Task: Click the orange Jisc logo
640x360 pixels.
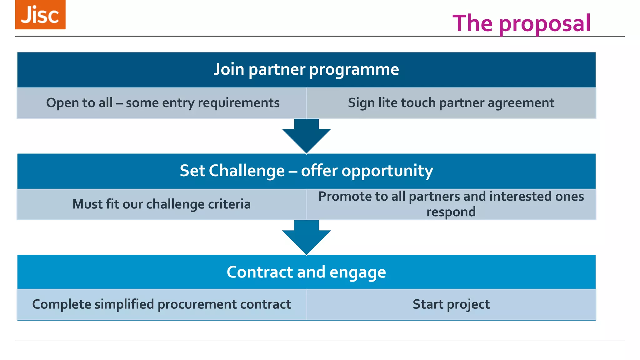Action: pos(40,15)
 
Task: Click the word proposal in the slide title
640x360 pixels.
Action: pos(544,24)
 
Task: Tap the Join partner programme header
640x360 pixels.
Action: pos(306,69)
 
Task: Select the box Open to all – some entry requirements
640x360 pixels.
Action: pos(162,103)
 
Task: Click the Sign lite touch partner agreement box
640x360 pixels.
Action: pos(451,103)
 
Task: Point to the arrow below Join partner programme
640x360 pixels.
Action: pos(306,136)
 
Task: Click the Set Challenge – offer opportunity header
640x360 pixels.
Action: pos(306,171)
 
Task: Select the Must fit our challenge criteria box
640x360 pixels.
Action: pos(162,204)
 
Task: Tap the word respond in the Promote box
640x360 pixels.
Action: pos(451,212)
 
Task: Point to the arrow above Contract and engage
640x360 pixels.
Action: pos(306,237)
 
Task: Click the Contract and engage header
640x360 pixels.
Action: pos(306,272)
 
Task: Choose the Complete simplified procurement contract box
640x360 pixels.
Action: pos(162,304)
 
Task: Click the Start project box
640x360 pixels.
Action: pos(451,304)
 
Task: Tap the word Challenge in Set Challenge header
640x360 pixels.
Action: pos(247,171)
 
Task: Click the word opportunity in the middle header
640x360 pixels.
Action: pos(387,171)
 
